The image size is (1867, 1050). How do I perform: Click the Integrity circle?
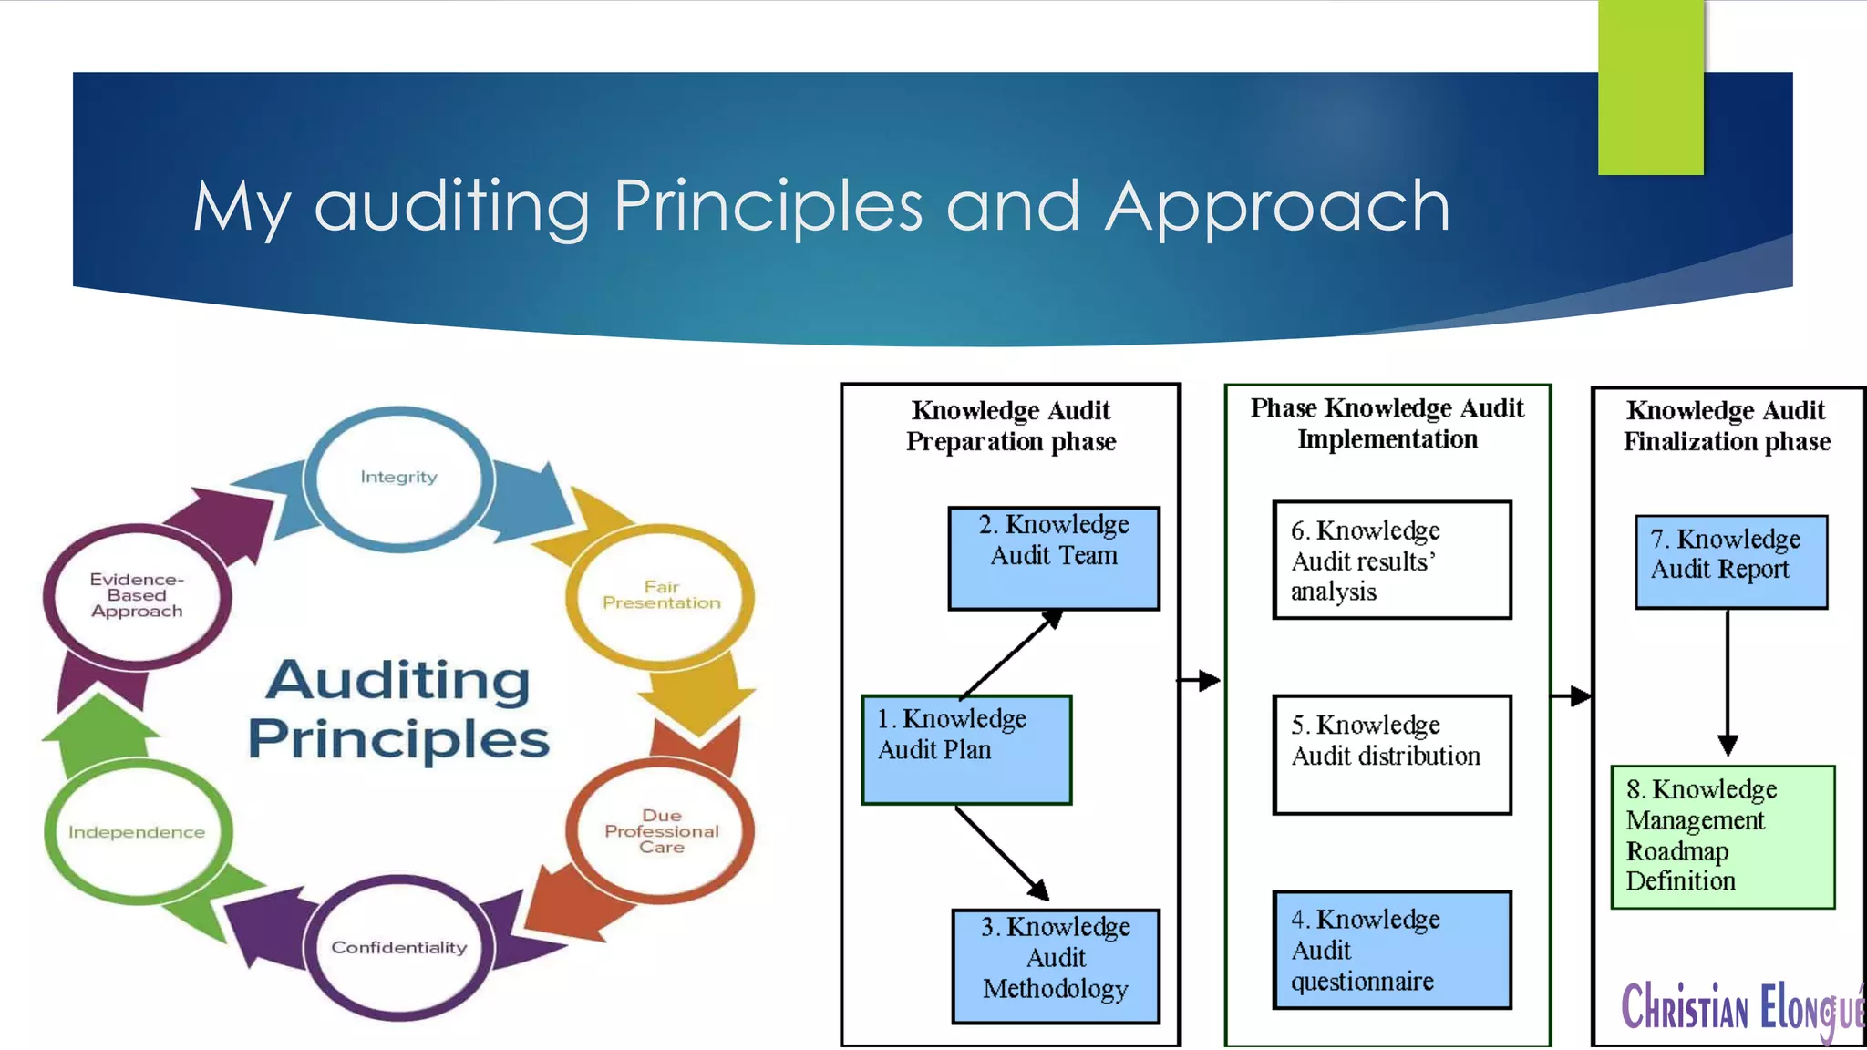coord(398,478)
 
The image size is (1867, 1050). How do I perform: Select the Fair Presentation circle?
coord(661,595)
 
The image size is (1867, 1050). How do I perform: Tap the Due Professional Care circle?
coord(661,830)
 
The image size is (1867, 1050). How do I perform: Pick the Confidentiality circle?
coord(398,948)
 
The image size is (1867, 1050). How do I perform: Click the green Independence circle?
coord(137,831)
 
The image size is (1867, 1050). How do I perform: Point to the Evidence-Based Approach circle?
coord(137,595)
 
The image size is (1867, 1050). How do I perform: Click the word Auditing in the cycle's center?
coord(398,680)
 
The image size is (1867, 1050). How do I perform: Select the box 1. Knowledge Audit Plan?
coord(966,749)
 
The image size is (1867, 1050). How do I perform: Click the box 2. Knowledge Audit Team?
coord(1054,558)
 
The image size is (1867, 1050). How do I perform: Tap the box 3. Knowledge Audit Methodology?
coord(1056,965)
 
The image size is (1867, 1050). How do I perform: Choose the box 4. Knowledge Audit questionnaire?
coord(1391,950)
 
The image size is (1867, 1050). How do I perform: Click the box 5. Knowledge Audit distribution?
coord(1391,754)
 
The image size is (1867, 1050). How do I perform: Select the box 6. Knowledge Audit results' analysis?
coord(1391,560)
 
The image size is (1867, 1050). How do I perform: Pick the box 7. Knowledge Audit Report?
coord(1730,561)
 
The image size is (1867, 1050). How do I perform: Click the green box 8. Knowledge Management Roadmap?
coord(1722,836)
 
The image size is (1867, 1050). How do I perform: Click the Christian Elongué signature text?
coord(1741,1008)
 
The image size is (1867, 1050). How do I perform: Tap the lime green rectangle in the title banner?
coord(1650,87)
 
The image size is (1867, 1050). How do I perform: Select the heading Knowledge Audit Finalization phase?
coord(1726,426)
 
